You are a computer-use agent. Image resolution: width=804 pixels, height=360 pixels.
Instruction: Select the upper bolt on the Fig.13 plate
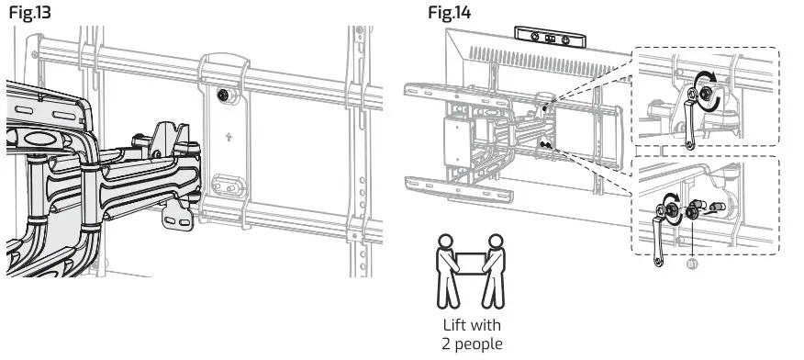[x=223, y=95]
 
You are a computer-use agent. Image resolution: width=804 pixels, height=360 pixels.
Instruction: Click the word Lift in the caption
[x=456, y=325]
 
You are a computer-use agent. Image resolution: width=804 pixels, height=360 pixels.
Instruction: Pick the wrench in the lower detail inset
[x=657, y=242]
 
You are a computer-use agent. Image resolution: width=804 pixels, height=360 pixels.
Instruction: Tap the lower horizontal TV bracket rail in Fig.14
[x=459, y=190]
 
